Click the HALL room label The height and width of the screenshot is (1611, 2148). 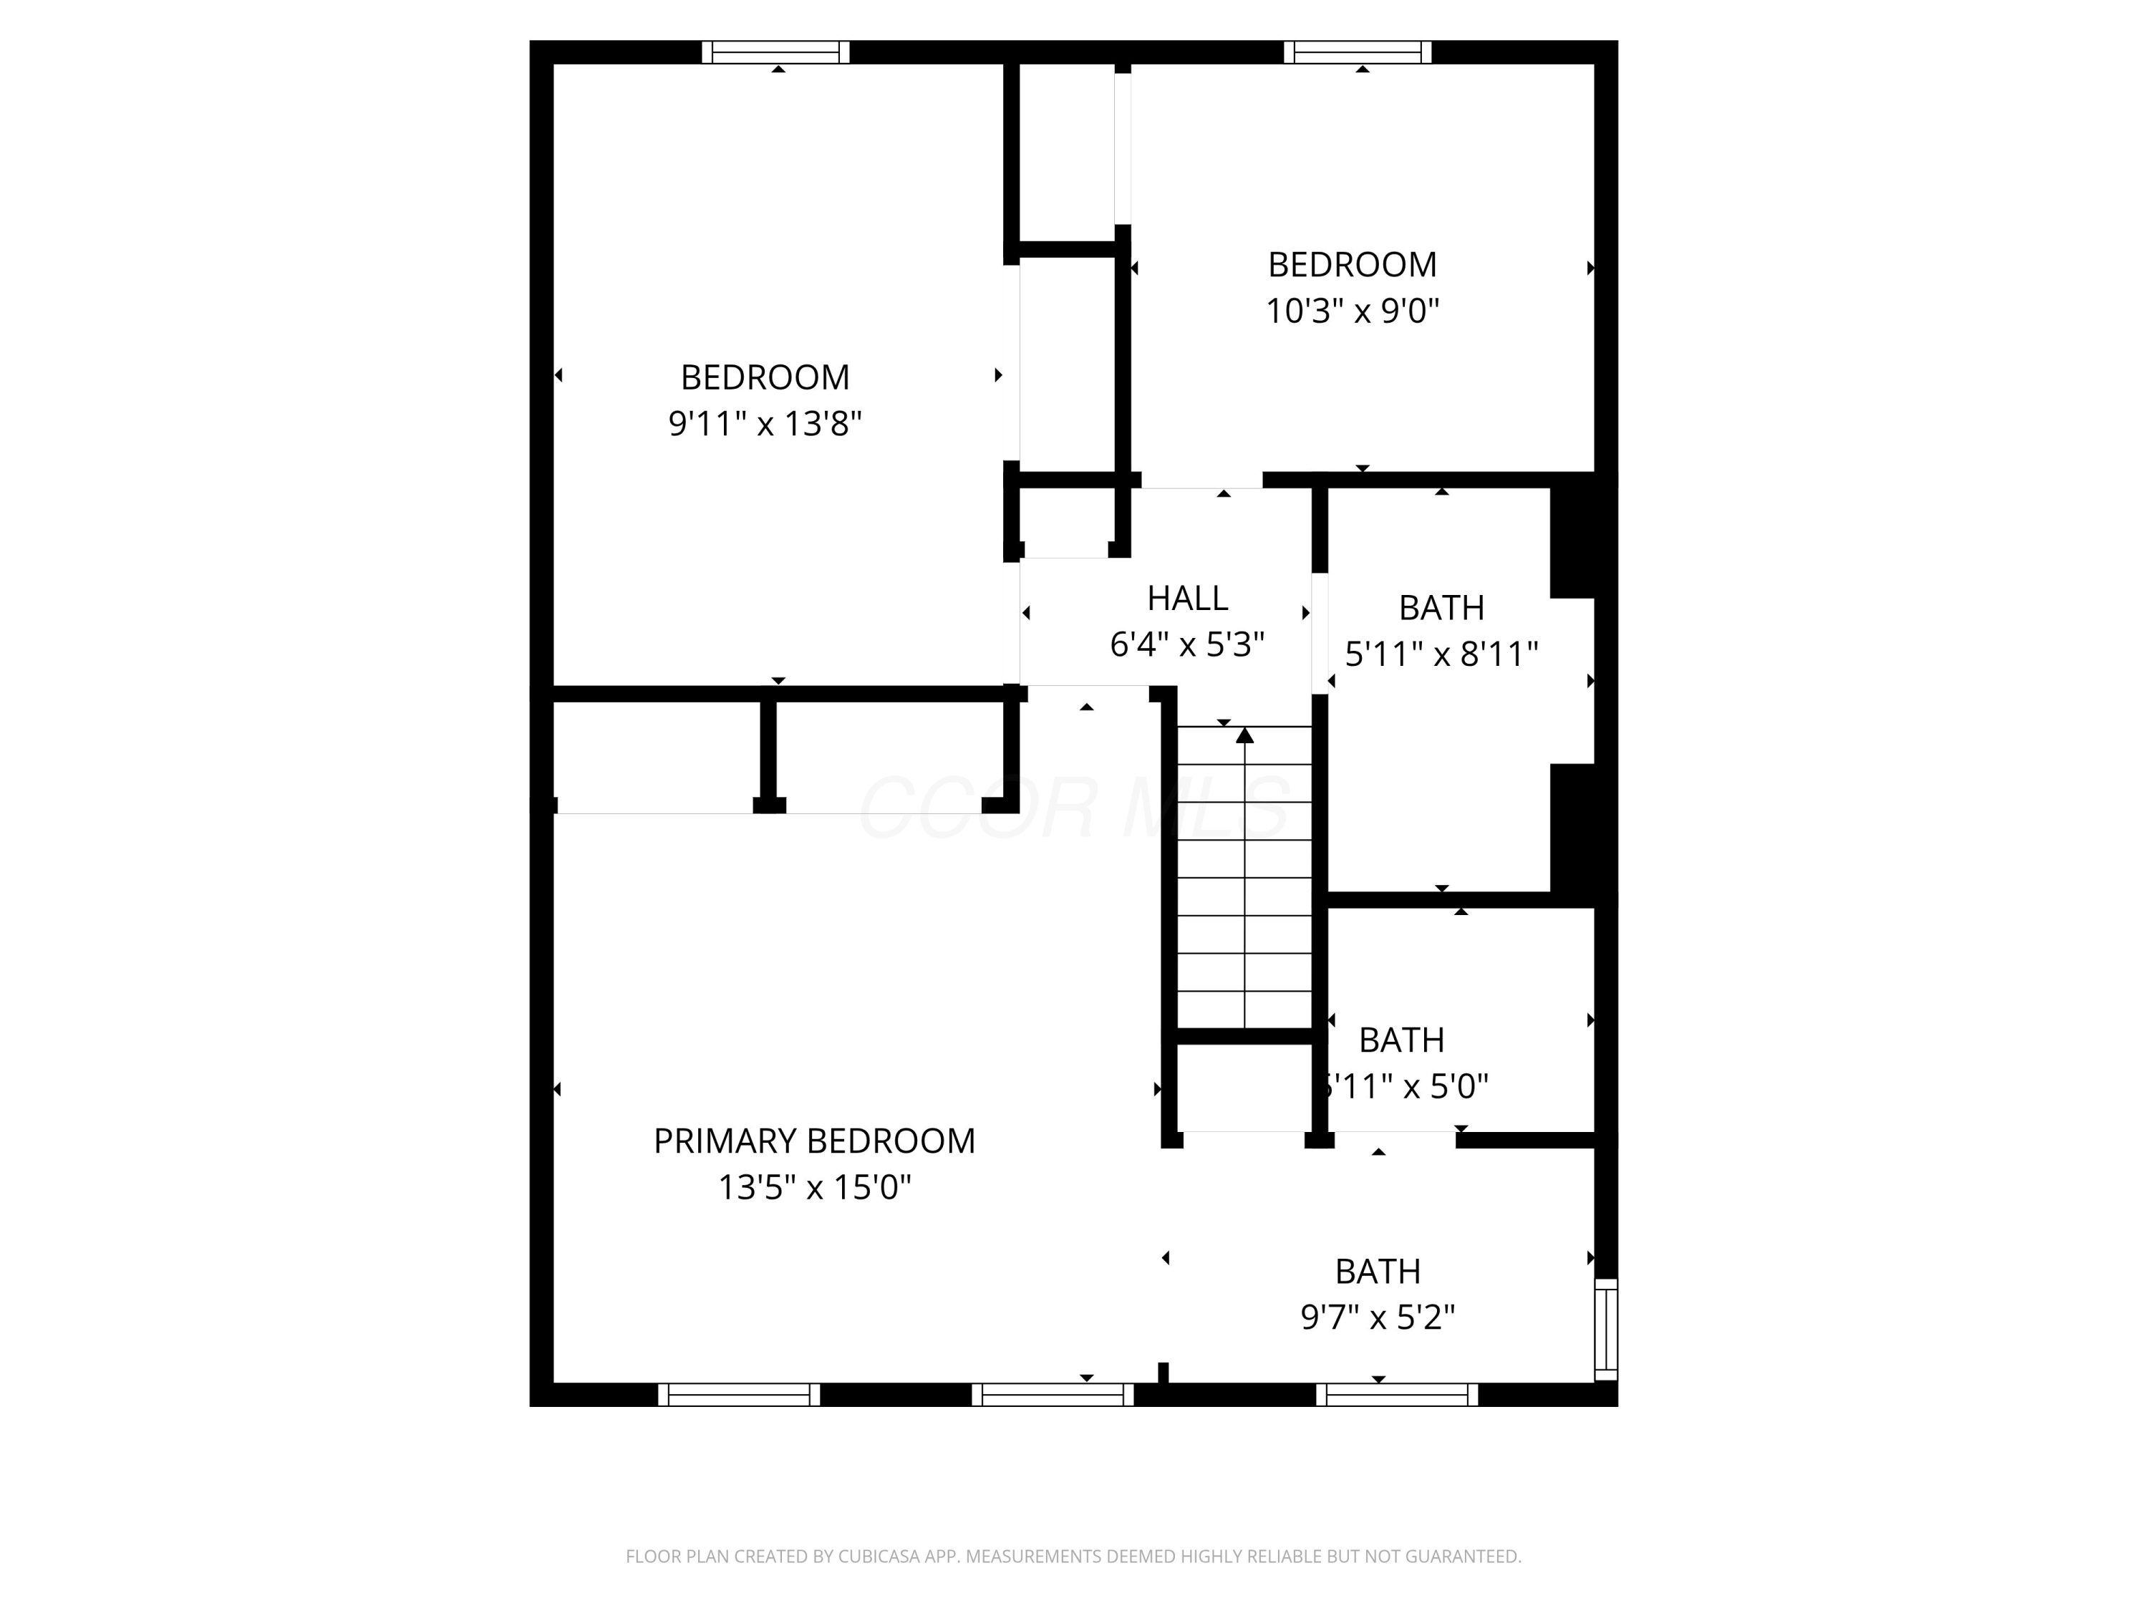[x=1186, y=598]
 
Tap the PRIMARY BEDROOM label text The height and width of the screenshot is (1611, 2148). [x=814, y=1141]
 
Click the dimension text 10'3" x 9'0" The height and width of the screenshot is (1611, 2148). [x=1352, y=311]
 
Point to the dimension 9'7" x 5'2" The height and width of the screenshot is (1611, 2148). [x=1377, y=1317]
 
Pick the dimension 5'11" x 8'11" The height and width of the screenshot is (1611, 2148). [x=1441, y=654]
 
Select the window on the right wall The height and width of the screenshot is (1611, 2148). [x=1606, y=1328]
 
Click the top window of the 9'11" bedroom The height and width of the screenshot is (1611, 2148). [x=776, y=52]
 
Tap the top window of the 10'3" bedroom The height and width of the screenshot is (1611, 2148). [x=1358, y=52]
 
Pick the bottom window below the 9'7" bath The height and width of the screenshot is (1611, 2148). [x=1396, y=1395]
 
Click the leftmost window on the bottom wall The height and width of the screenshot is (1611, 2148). [x=739, y=1395]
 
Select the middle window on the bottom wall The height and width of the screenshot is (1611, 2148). [x=1053, y=1395]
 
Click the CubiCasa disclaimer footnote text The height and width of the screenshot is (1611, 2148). [x=1073, y=1557]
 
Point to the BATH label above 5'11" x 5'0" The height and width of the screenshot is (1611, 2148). [x=1400, y=1040]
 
